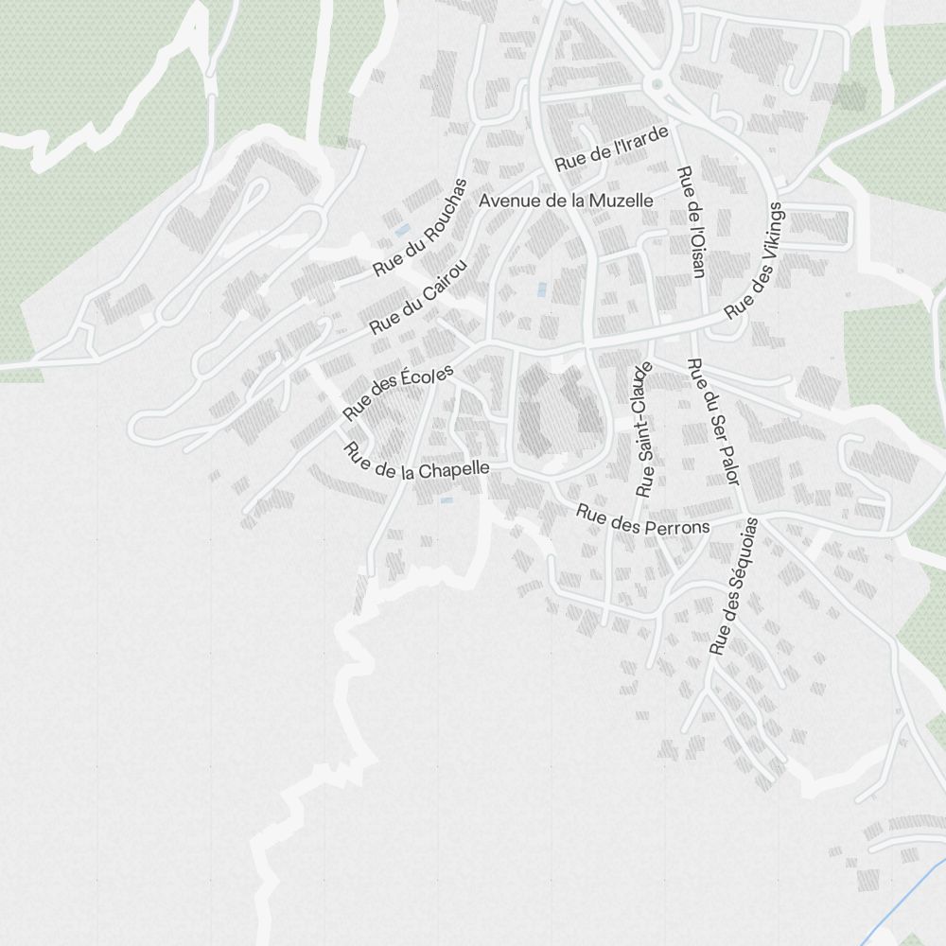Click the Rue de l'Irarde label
point(611,149)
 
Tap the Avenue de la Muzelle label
point(566,201)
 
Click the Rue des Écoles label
point(397,393)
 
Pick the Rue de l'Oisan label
point(692,223)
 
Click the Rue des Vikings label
point(755,260)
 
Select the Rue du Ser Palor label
point(711,421)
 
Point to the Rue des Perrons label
point(642,521)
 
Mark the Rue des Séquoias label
point(734,587)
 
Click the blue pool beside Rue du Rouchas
point(402,230)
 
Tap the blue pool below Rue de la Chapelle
point(447,499)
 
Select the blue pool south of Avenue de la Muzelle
point(541,289)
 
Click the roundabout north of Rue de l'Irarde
point(657,85)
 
